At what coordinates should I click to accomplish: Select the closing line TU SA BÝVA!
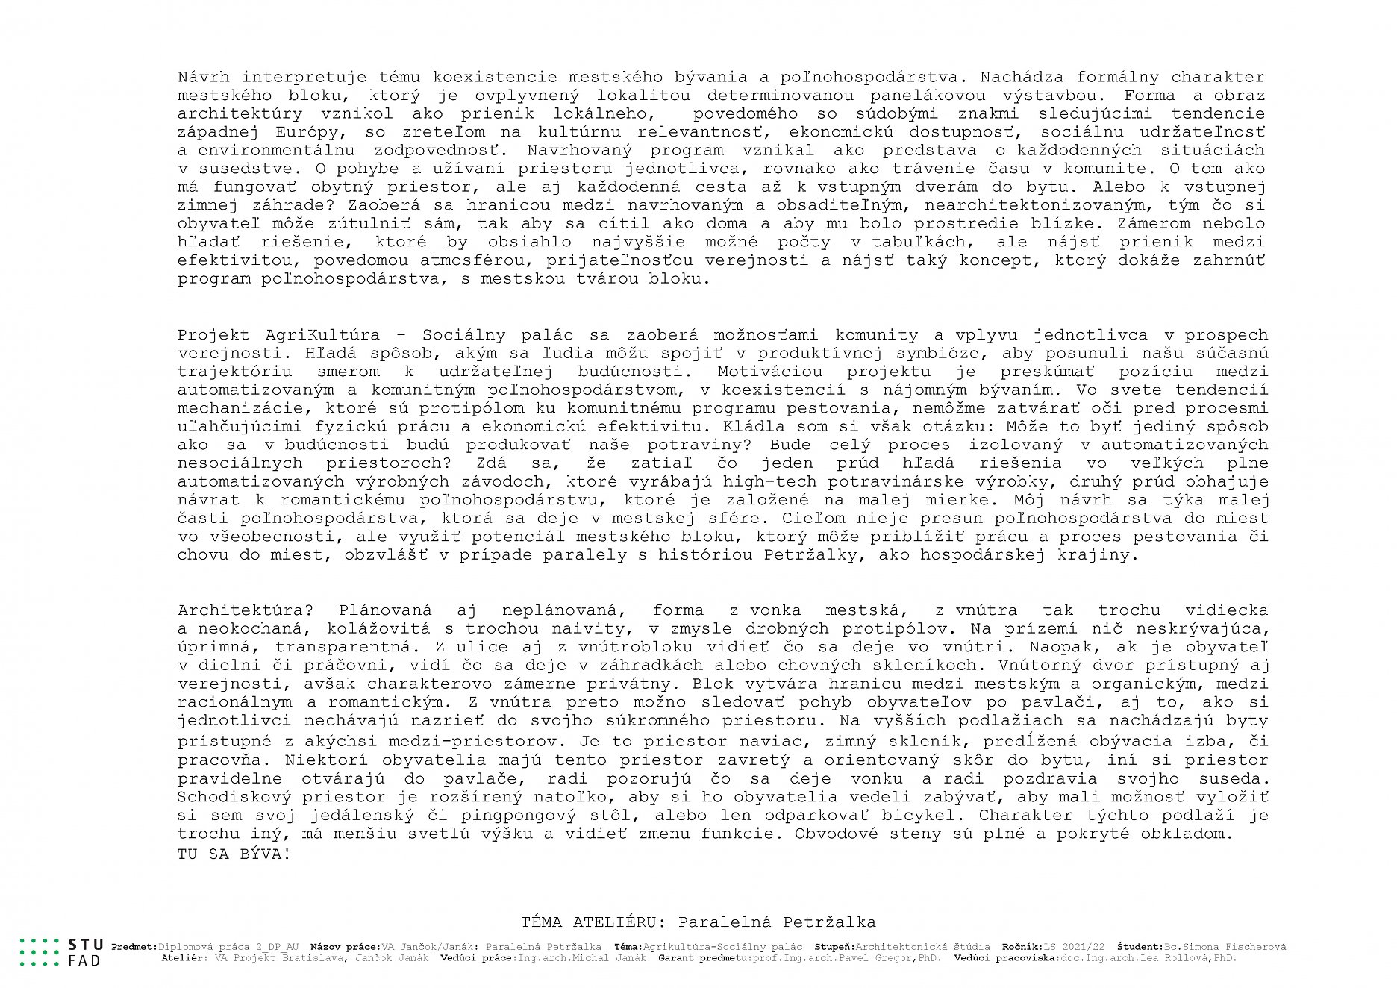pos(234,854)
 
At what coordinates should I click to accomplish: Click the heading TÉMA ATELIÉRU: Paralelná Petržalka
pos(698,922)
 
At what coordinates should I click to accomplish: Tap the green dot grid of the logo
pos(39,952)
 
